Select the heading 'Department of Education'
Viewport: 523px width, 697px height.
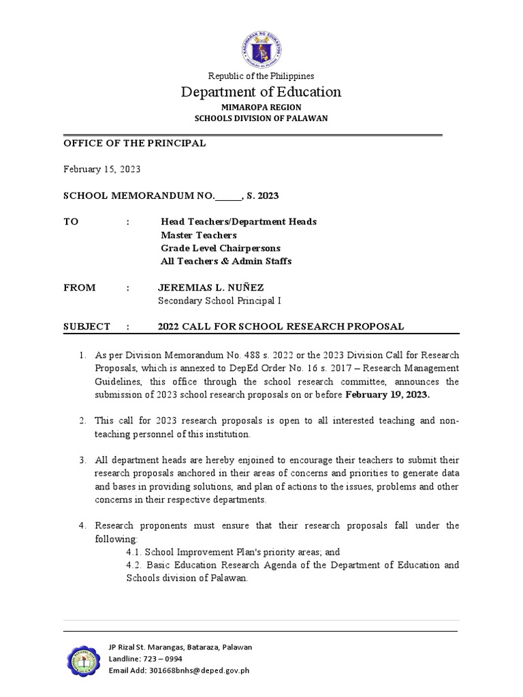tap(261, 92)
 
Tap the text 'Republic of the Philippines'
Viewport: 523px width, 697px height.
tap(261, 76)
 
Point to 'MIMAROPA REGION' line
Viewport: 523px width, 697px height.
tap(261, 108)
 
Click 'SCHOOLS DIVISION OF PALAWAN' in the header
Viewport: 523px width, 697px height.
tap(261, 118)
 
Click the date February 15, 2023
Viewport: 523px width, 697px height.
tap(102, 169)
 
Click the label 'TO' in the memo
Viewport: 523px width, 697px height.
tap(71, 222)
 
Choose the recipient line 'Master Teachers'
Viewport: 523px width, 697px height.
tap(199, 235)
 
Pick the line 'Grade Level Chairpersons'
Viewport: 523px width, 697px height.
tap(220, 248)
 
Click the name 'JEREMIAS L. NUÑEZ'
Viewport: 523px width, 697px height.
tap(210, 287)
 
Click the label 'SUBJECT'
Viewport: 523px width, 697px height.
tap(86, 327)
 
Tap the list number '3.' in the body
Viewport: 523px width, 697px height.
tap(82, 460)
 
